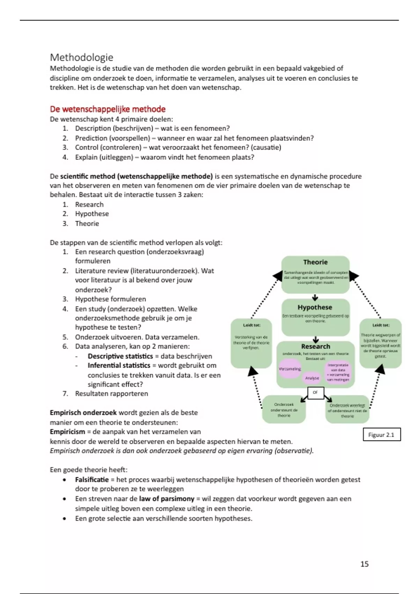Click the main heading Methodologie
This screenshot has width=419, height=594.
point(82,57)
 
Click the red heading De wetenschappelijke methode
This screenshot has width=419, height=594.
point(108,109)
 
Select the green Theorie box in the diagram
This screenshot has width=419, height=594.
point(315,274)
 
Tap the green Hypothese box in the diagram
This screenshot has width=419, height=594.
point(315,316)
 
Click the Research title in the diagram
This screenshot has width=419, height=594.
point(316,346)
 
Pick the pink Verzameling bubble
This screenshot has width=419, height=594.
point(289,369)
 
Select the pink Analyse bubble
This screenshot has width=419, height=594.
point(312,378)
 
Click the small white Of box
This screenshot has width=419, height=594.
point(315,392)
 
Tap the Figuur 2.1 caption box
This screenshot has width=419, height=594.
point(381,435)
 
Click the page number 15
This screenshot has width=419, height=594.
point(364,564)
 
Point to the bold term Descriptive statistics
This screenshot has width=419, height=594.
point(120,356)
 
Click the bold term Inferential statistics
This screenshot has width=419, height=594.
point(119,365)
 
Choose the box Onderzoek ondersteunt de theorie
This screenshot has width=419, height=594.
point(284,410)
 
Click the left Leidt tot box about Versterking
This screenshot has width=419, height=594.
point(251,342)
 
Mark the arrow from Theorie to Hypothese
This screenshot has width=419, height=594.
point(315,297)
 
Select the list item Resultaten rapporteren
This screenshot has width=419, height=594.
point(111,394)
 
